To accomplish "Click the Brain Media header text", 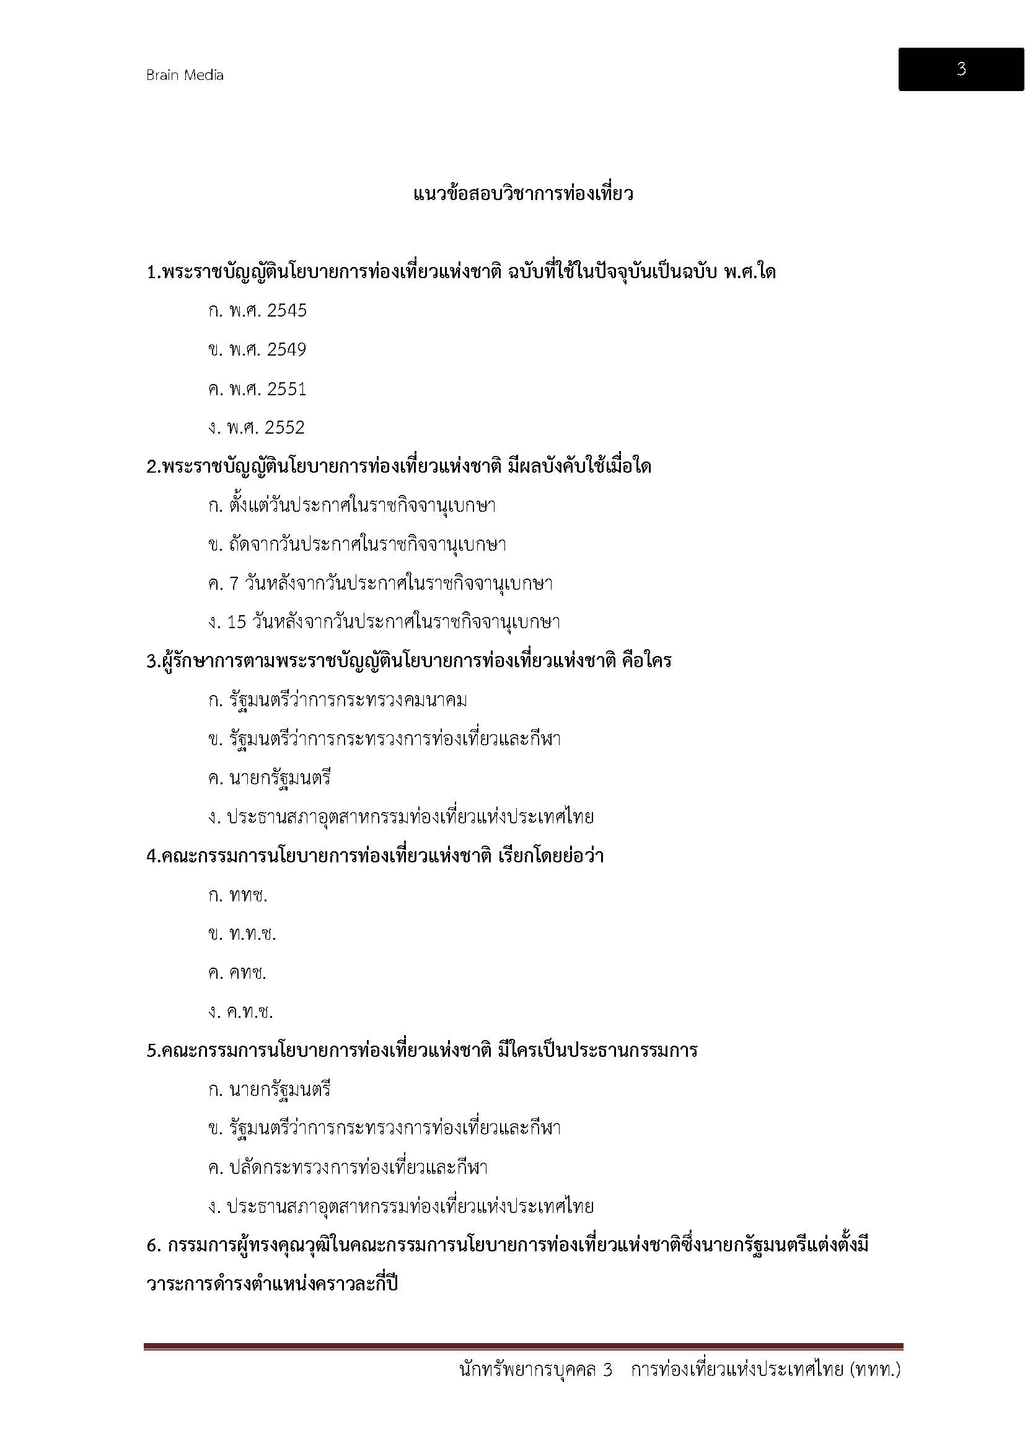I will click(185, 76).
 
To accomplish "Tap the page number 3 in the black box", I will click(961, 69).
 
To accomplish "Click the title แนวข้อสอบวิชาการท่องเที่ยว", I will click(523, 194).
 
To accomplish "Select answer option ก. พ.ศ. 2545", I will click(257, 310).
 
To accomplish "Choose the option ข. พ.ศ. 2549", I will click(257, 349).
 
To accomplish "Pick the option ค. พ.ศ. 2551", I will click(257, 389).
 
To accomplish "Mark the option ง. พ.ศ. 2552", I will click(257, 428).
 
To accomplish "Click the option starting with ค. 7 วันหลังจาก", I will click(380, 584).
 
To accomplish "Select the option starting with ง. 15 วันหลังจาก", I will click(384, 622).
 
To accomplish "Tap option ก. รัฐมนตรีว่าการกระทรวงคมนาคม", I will click(337, 701).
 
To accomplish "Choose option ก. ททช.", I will click(237, 895).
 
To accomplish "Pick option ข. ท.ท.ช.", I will click(242, 934).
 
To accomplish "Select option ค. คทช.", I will click(237, 973).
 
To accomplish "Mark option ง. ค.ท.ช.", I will click(240, 1012).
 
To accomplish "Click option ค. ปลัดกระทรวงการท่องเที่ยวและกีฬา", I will click(348, 1168).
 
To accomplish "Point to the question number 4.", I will click(151, 856).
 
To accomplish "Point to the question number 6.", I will click(151, 1246).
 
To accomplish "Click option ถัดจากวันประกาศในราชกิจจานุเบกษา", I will click(356, 545).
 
